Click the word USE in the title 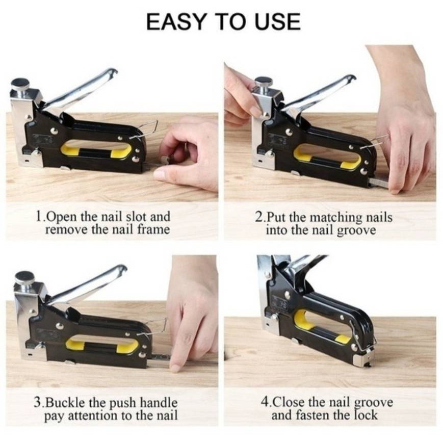click(278, 22)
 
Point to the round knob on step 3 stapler click(25, 278)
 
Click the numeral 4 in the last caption click(265, 402)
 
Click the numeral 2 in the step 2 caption click(259, 217)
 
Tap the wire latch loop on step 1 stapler click(145, 129)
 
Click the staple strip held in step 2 click(379, 183)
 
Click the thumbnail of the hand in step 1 click(160, 175)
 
